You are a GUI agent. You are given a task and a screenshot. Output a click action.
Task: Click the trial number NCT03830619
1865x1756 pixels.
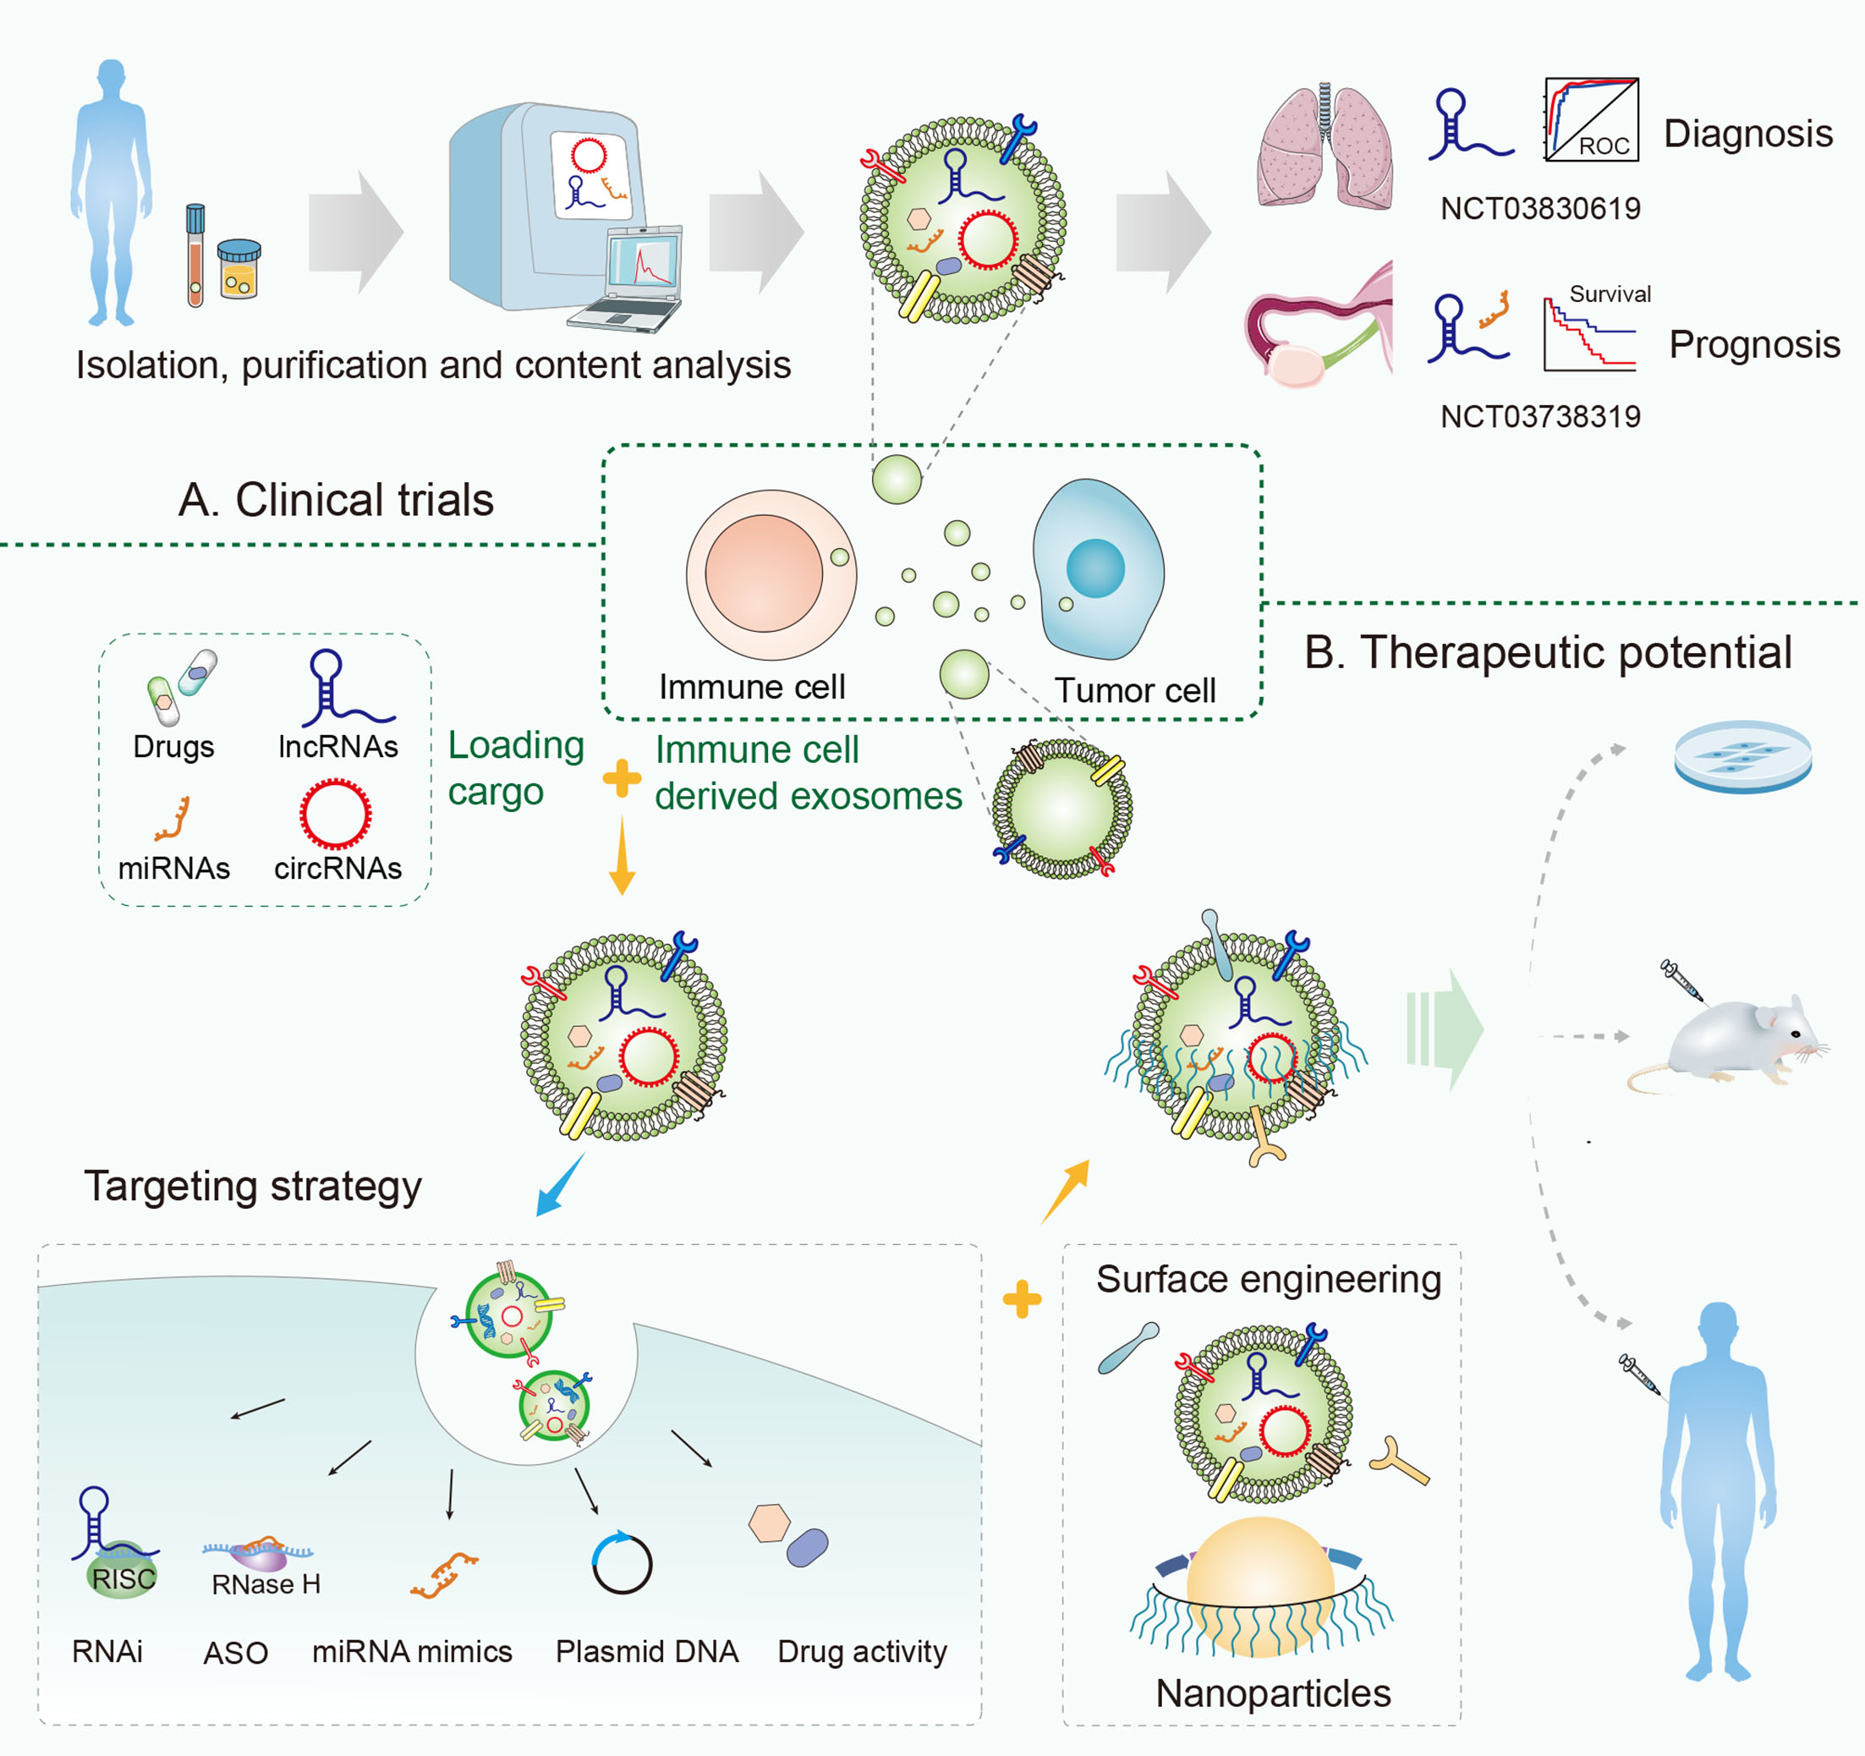pyautogui.click(x=1540, y=208)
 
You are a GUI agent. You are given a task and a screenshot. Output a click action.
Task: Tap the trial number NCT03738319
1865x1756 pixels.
pyautogui.click(x=1540, y=416)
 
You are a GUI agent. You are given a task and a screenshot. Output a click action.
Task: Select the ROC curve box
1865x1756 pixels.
pyautogui.click(x=1591, y=119)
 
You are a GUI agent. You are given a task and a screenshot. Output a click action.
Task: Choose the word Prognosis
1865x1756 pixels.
pyautogui.click(x=1754, y=344)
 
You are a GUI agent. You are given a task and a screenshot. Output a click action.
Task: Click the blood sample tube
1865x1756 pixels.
pyautogui.click(x=195, y=255)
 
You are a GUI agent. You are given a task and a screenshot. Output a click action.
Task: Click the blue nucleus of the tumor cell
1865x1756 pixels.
pyautogui.click(x=1094, y=568)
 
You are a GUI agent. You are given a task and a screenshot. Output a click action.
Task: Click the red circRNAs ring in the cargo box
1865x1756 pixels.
pyautogui.click(x=335, y=813)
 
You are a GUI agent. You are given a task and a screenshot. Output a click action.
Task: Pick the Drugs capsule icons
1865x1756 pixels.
pyautogui.click(x=182, y=687)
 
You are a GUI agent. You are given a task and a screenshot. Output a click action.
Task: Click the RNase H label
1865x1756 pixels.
pyautogui.click(x=266, y=1584)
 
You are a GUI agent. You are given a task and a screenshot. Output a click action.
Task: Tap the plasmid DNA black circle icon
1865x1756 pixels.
pyautogui.click(x=622, y=1563)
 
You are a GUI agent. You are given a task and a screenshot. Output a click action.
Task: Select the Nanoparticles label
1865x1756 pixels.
pyautogui.click(x=1273, y=1693)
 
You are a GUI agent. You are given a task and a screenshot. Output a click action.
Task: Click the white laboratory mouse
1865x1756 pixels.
pyautogui.click(x=1726, y=1042)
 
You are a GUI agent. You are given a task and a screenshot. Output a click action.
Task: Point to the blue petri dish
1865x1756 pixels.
pyautogui.click(x=1743, y=756)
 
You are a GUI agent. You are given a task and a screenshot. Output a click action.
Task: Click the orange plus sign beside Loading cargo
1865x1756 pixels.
pyautogui.click(x=621, y=777)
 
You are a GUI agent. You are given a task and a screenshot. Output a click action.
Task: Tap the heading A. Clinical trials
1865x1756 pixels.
pyautogui.click(x=336, y=499)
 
